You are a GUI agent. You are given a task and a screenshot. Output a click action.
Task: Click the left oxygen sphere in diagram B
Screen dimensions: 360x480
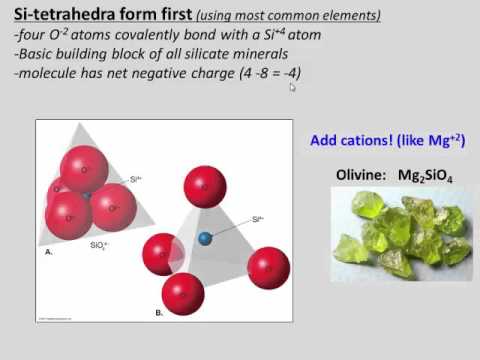tap(163, 252)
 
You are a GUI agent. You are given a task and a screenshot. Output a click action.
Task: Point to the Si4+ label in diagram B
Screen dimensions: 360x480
tap(257, 218)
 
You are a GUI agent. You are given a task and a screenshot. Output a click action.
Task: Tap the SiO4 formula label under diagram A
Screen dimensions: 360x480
tap(99, 244)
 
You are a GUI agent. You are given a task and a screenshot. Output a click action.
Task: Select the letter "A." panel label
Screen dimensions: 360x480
tap(49, 252)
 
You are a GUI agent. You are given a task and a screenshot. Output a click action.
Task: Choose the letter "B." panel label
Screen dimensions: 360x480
tap(158, 312)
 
